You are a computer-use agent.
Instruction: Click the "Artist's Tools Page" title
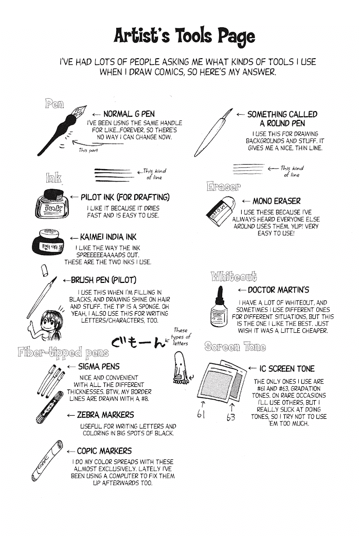pos(184,36)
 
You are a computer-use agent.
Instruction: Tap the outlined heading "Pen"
pos(55,103)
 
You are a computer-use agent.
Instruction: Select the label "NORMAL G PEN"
pos(129,114)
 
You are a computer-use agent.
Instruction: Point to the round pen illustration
pos(212,133)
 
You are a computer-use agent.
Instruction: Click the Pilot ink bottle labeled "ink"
pos(52,204)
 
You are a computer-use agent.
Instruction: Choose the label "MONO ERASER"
pos(277,201)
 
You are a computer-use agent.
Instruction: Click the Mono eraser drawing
pos(221,210)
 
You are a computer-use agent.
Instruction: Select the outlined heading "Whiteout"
pos(234,276)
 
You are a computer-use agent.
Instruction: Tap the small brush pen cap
pos(44,271)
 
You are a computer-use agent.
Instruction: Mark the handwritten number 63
pos(231,417)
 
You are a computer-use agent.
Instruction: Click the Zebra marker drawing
pos(49,407)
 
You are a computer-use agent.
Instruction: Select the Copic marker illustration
pos(47,461)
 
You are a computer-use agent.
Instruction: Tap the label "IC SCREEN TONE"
pos(287,368)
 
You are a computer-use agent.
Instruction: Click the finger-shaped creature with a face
pos(179,367)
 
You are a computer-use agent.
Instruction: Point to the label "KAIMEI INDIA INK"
pos(108,237)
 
